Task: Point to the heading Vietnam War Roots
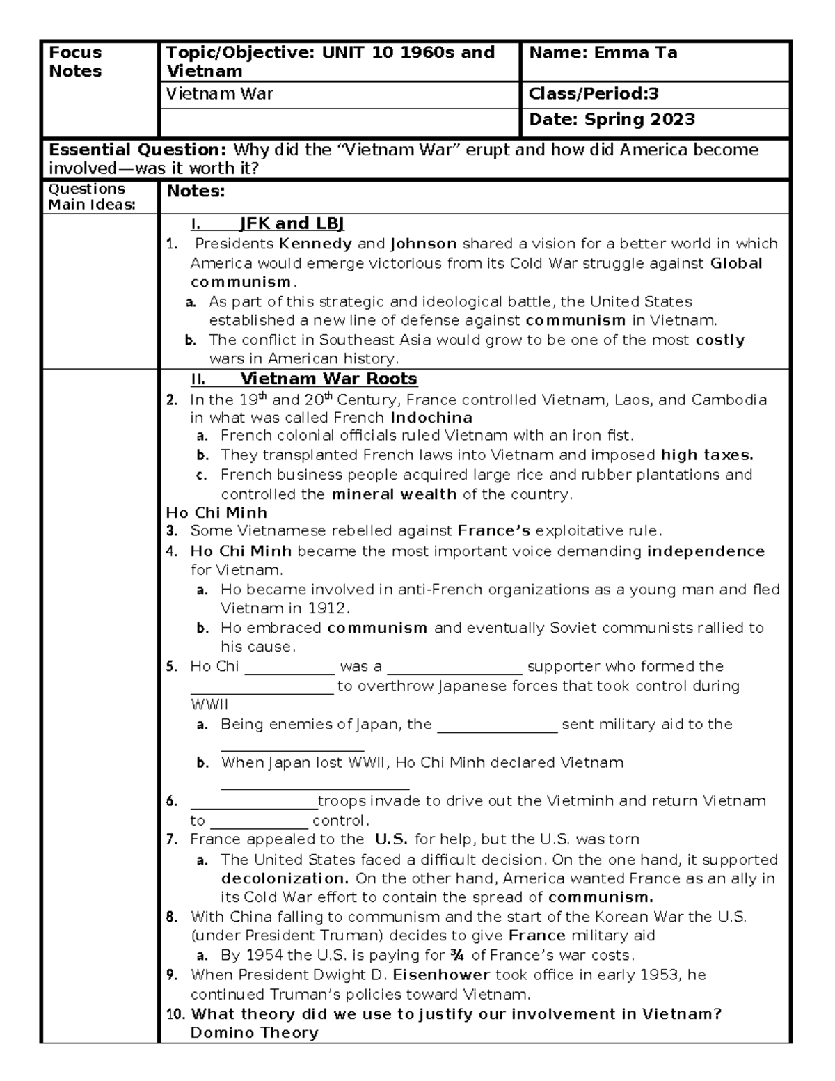click(328, 379)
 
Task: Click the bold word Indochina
click(431, 418)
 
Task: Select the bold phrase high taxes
click(707, 455)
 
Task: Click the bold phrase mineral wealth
click(394, 494)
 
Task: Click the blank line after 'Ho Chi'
click(289, 668)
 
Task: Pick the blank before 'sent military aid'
click(496, 725)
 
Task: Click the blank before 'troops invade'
click(253, 802)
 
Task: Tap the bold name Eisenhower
click(441, 975)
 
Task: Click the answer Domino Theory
click(254, 1032)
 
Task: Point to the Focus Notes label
click(75, 62)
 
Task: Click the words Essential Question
click(137, 150)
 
